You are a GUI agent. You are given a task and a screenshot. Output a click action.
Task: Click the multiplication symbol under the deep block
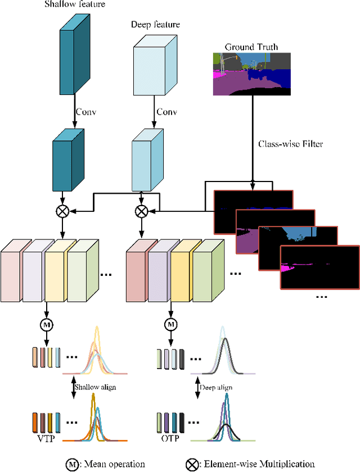[x=142, y=211]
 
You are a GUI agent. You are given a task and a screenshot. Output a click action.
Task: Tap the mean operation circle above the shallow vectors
[x=48, y=324]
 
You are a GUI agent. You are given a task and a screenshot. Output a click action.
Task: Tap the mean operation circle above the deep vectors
[x=170, y=324]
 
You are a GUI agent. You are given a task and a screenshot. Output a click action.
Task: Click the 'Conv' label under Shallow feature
[x=87, y=111]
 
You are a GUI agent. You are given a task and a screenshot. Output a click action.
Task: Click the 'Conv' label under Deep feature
[x=167, y=111]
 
